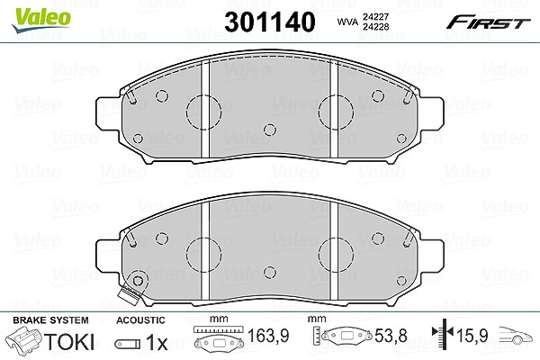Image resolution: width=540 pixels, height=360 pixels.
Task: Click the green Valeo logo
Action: pyautogui.click(x=41, y=20)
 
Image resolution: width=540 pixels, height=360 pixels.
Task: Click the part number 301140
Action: pyautogui.click(x=270, y=22)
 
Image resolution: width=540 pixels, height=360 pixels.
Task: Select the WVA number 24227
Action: pyautogui.click(x=375, y=17)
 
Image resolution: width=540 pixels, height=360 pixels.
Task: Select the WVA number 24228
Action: pyautogui.click(x=375, y=27)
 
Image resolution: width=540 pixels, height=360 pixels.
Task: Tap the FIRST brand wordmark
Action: pyautogui.click(x=489, y=23)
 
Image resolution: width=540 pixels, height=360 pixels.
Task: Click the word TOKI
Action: pyautogui.click(x=69, y=342)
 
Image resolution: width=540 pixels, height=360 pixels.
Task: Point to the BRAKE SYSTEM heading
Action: pyautogui.click(x=50, y=320)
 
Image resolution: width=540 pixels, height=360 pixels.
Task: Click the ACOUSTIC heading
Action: pyautogui.click(x=140, y=320)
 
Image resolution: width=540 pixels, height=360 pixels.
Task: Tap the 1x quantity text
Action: pyautogui.click(x=157, y=342)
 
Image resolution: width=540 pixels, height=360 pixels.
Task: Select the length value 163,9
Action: pyautogui.click(x=268, y=336)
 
